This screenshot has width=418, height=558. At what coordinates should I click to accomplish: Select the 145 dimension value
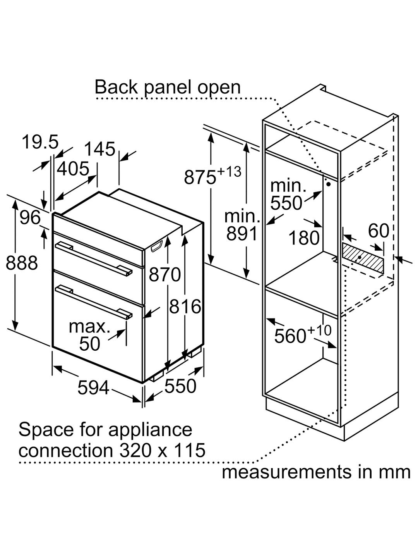[100, 149]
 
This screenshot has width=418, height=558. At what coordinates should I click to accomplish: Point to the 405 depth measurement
[73, 169]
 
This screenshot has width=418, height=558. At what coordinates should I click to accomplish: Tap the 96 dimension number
[30, 217]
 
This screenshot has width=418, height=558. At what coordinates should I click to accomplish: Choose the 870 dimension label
[165, 275]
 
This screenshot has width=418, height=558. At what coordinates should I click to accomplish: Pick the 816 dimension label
[185, 307]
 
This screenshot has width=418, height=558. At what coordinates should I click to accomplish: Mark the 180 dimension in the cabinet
[304, 238]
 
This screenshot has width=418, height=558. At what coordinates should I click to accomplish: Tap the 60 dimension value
[379, 231]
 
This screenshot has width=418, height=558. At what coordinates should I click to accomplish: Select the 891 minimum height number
[242, 234]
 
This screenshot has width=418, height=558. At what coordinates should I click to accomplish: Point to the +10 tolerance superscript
[319, 331]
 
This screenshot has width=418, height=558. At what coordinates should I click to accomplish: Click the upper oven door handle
[93, 259]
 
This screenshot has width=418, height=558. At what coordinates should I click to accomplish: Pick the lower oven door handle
[93, 302]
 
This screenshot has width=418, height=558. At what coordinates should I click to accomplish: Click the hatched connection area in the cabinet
[363, 257]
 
